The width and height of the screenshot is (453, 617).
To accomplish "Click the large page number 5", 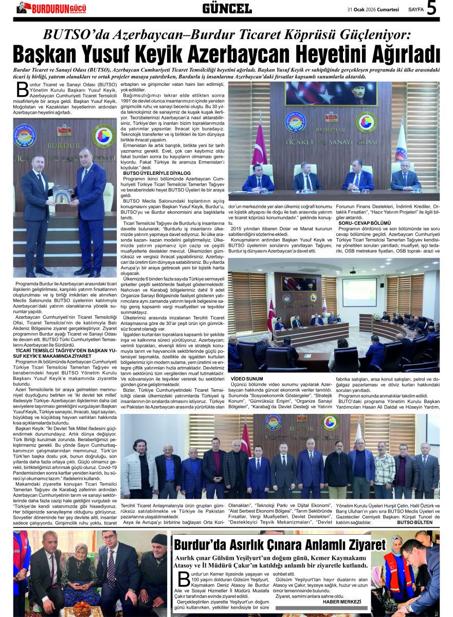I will click(x=432, y=8).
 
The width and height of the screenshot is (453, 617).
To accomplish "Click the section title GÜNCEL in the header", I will click(x=227, y=8).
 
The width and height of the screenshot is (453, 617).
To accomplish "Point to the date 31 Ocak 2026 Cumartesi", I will click(x=374, y=9).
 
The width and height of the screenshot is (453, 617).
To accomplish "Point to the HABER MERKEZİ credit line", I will click(x=342, y=602).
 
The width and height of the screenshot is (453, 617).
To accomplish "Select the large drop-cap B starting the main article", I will click(x=22, y=89).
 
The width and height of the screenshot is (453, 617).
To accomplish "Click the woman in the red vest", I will click(x=398, y=571).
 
